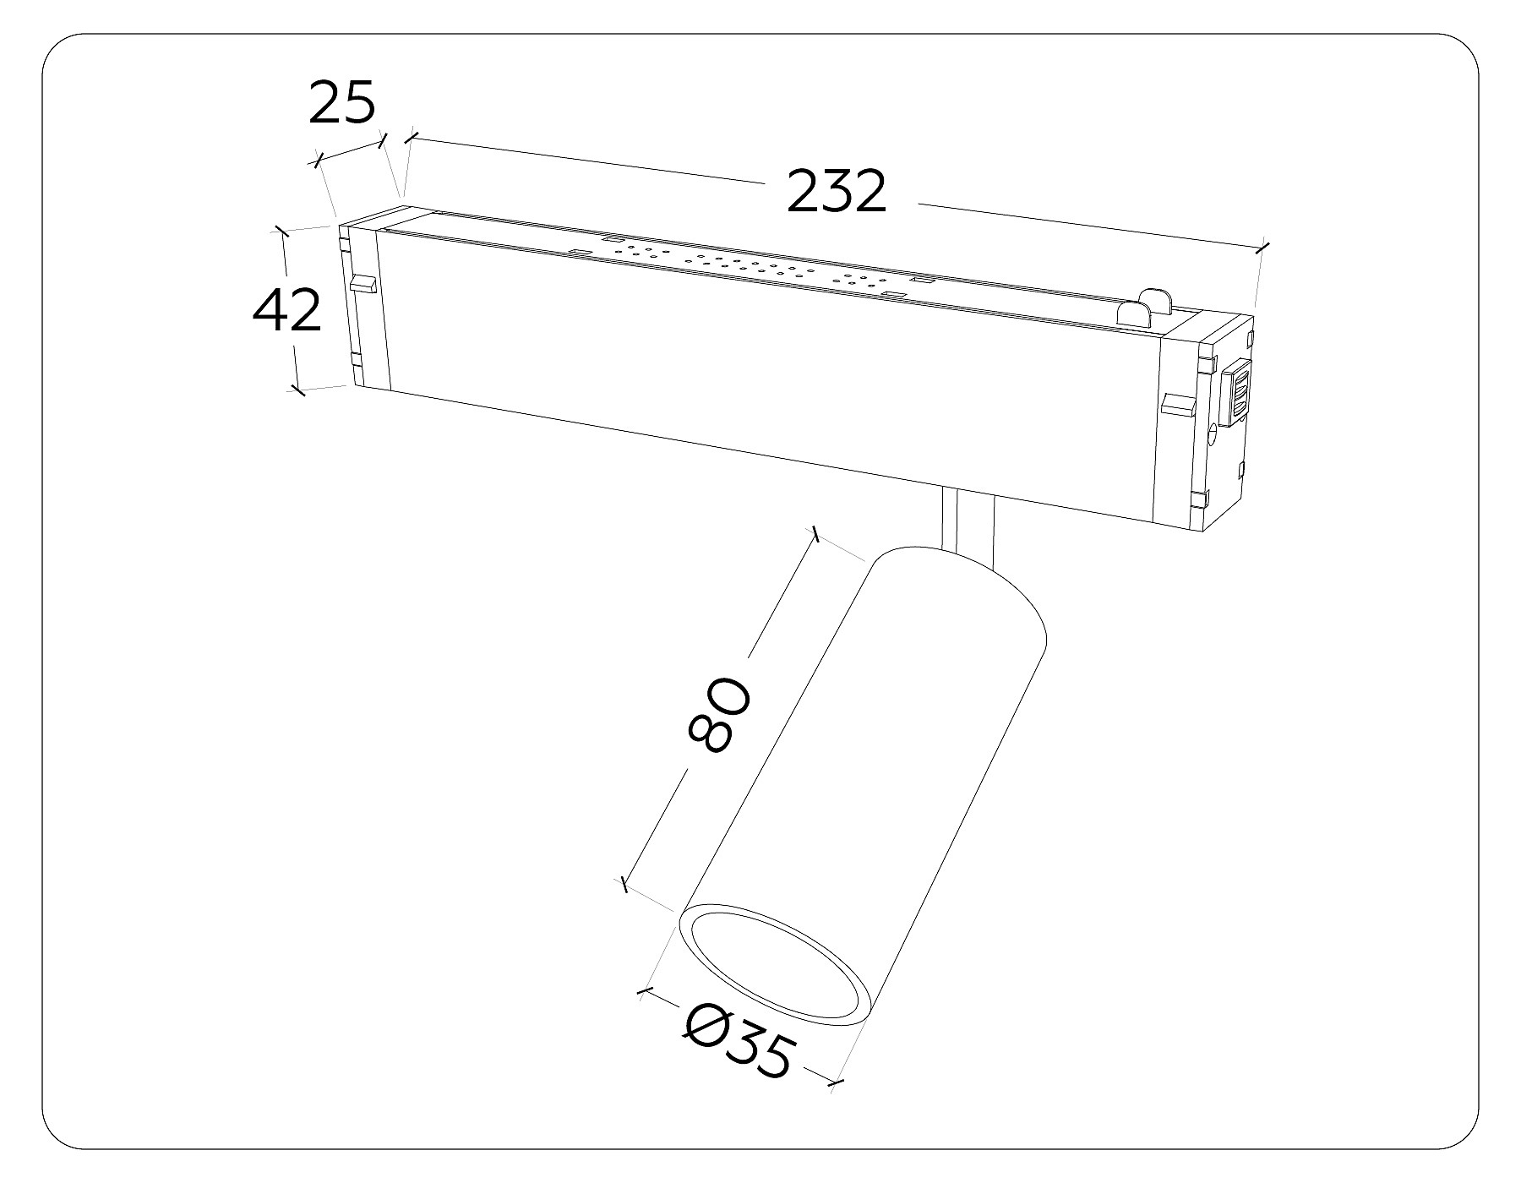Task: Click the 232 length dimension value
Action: [x=837, y=192]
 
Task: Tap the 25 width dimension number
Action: [x=341, y=103]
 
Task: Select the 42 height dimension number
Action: [x=287, y=310]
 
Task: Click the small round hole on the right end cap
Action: [x=1213, y=436]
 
